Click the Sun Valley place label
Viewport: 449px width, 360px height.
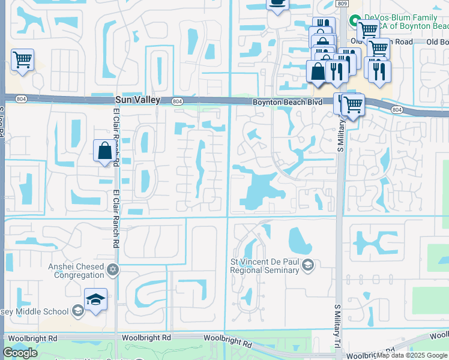(x=137, y=100)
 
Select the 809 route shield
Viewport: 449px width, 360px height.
(x=342, y=4)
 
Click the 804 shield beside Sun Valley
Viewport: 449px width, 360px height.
(x=177, y=101)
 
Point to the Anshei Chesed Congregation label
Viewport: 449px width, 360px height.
(x=78, y=271)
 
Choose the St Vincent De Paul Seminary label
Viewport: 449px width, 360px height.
(x=265, y=266)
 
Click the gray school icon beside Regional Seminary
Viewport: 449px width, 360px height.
(x=308, y=265)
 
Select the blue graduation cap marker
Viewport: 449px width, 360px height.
(x=95, y=299)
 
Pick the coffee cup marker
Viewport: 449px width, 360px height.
(x=277, y=4)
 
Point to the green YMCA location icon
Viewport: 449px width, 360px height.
(x=355, y=20)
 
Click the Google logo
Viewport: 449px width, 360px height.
(x=20, y=353)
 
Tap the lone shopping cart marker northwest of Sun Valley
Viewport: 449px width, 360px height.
(x=22, y=59)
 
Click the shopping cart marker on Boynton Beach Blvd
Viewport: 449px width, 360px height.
(x=352, y=104)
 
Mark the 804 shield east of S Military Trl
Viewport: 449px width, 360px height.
(x=397, y=110)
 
